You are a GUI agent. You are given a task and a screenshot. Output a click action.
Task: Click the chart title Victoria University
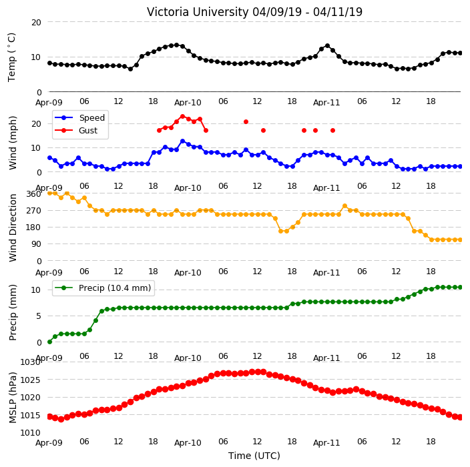198,12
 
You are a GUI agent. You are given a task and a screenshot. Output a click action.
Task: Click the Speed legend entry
80,117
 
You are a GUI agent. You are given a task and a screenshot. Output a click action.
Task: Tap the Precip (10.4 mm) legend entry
103,288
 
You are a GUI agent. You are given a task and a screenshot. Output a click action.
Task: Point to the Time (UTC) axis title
254,456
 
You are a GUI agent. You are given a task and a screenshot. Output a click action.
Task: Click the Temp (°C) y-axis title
12,57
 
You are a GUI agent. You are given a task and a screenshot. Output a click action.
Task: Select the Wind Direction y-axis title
13,228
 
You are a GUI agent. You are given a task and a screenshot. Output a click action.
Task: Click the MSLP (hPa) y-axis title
13,398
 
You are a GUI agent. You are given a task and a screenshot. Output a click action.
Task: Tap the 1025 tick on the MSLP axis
30,380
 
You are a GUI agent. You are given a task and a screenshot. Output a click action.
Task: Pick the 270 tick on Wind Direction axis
34,211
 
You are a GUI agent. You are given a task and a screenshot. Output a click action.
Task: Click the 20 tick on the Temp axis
36,22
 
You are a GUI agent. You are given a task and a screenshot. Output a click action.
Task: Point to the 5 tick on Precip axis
39,316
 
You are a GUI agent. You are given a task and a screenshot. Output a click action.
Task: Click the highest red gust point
182,116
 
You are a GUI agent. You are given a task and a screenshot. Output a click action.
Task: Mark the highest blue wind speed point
182,141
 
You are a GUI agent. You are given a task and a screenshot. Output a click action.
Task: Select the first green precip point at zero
50,342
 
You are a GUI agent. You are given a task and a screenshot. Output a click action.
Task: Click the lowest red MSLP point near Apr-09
61,419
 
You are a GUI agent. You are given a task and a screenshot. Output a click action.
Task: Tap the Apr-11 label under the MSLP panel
326,443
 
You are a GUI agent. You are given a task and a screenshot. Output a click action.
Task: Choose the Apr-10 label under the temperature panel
188,103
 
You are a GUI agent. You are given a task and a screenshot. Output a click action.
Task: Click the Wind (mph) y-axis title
13,143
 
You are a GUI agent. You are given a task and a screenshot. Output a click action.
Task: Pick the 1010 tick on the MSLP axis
30,432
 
